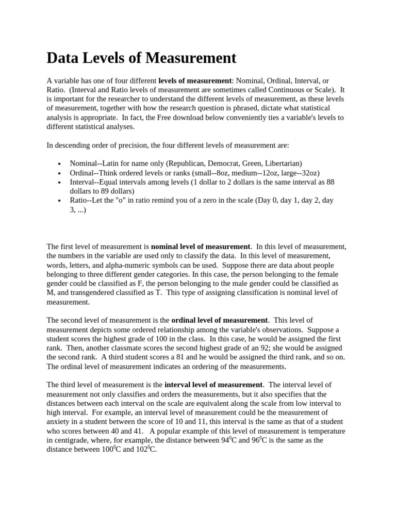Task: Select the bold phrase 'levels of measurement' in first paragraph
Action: pyautogui.click(x=195, y=81)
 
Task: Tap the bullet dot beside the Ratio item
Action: pyautogui.click(x=60, y=201)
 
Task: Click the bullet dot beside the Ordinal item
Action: pyautogui.click(x=60, y=173)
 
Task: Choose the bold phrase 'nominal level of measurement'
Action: pyautogui.click(x=200, y=246)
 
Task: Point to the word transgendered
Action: pyautogui.click(x=84, y=293)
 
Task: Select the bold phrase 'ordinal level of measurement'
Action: pyautogui.click(x=219, y=320)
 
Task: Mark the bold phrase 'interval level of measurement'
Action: pyautogui.click(x=213, y=385)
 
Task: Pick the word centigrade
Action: pyautogui.click(x=71, y=440)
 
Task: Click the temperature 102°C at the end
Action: pyautogui.click(x=146, y=449)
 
